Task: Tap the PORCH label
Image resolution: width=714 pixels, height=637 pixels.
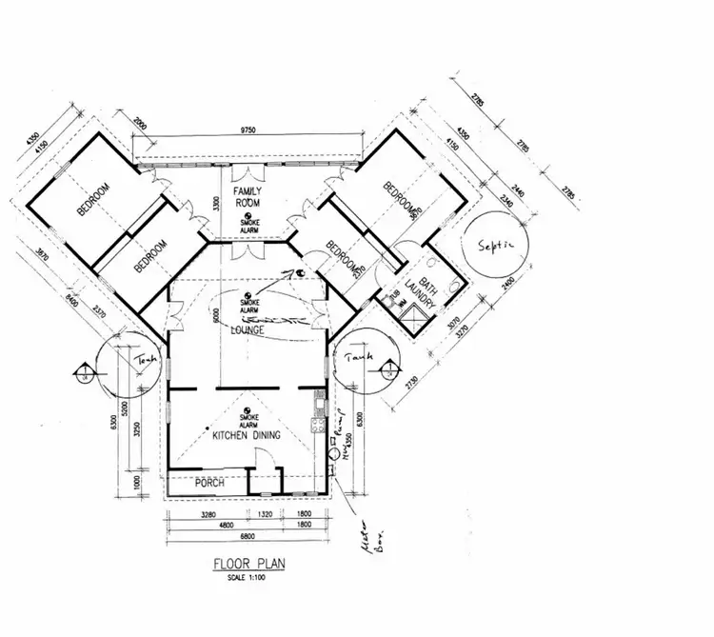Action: [x=208, y=483]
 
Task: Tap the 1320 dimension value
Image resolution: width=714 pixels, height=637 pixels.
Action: [x=267, y=515]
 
